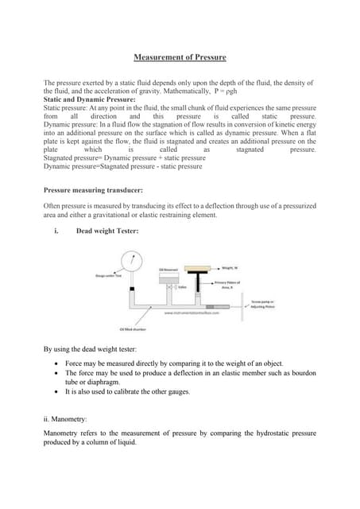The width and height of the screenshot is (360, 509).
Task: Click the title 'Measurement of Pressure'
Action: tap(180, 57)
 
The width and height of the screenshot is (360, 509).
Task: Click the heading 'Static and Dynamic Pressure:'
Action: tap(89, 99)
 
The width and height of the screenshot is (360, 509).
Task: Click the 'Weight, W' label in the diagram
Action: tap(233, 268)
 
